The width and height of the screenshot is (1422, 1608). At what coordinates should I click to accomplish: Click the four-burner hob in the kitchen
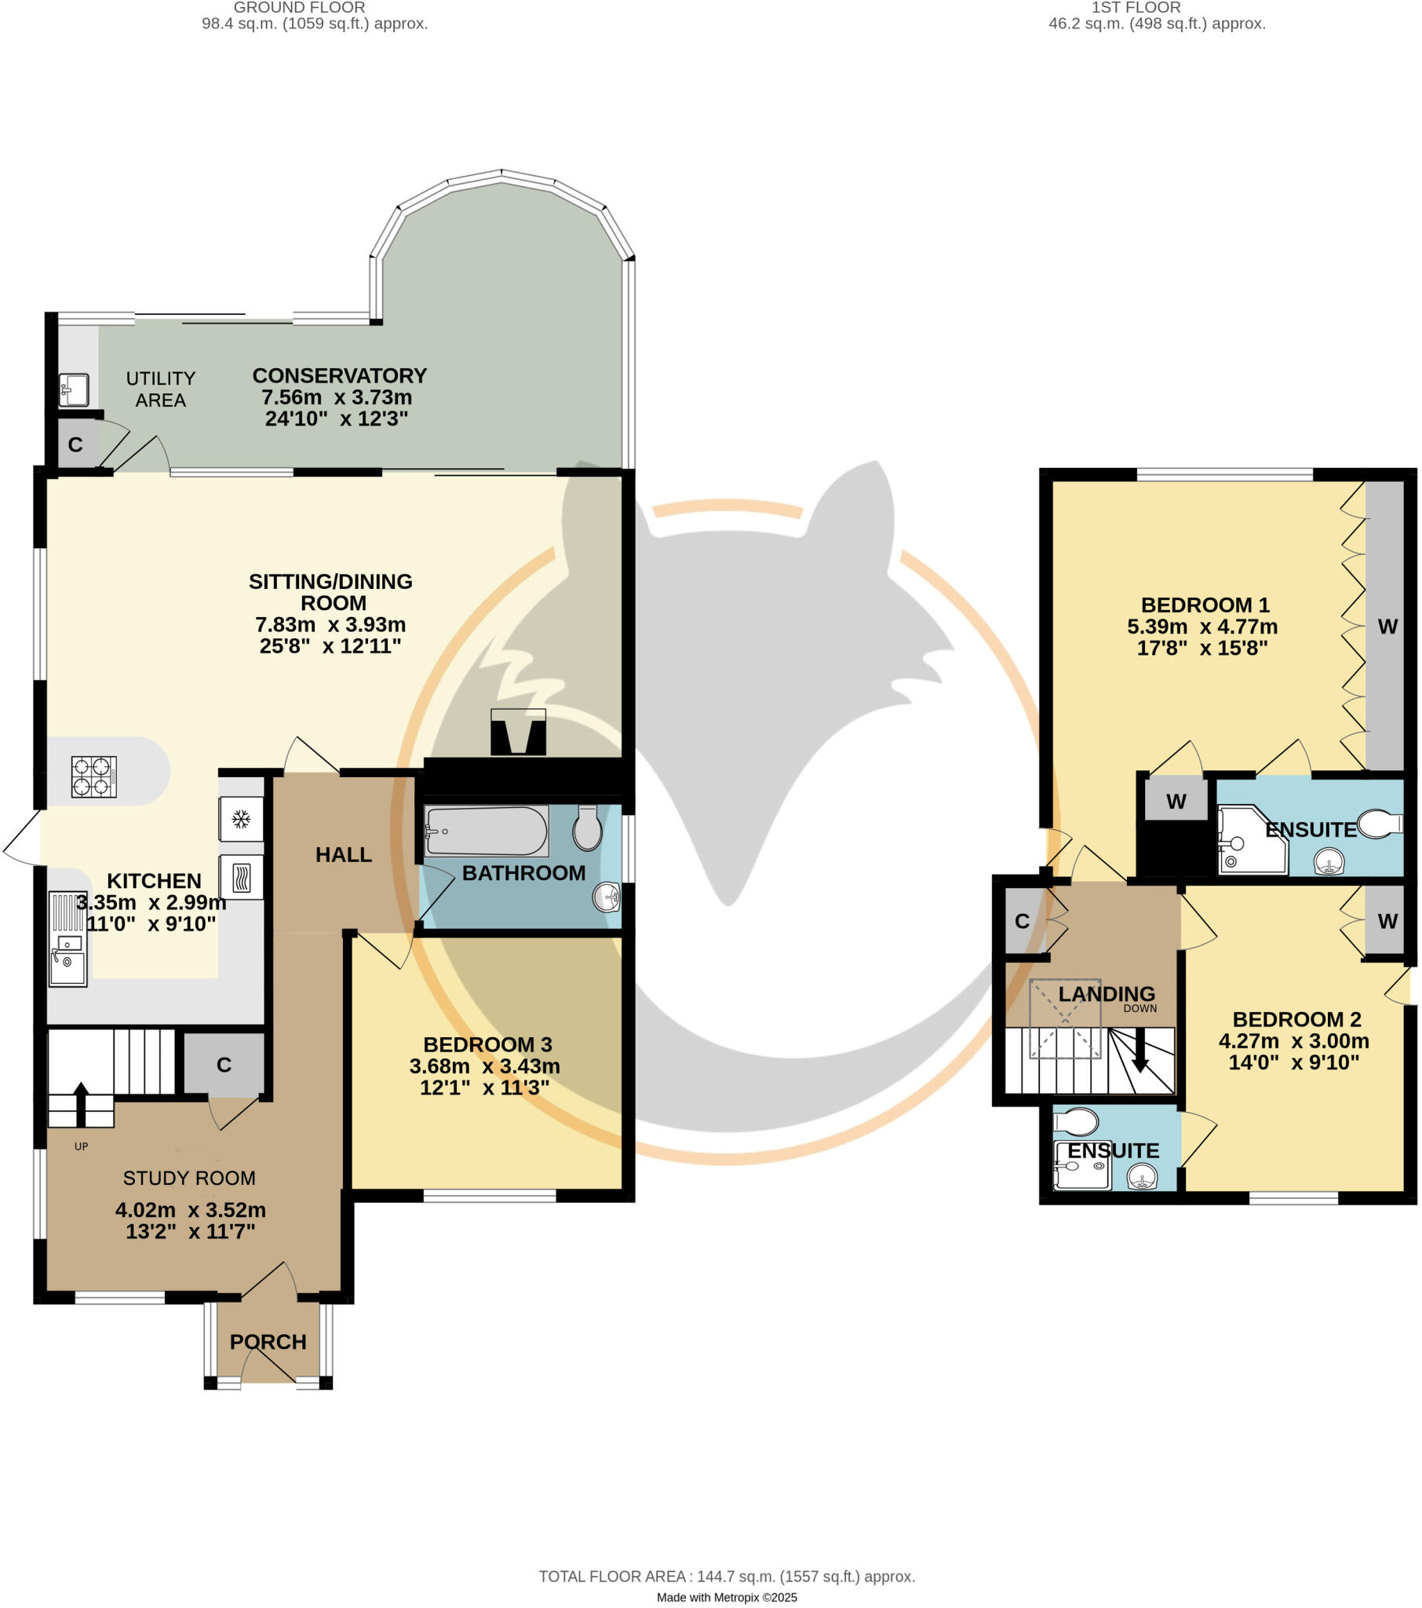click(x=93, y=777)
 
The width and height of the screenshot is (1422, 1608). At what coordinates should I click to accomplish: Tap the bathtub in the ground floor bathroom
click(x=485, y=831)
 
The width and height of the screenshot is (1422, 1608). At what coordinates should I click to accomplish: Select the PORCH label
click(x=268, y=1341)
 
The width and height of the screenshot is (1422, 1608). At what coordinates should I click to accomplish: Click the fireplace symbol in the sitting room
click(x=517, y=733)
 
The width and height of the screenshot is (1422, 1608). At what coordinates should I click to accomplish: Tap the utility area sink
click(x=74, y=389)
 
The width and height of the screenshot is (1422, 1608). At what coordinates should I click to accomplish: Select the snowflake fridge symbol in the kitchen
click(x=241, y=820)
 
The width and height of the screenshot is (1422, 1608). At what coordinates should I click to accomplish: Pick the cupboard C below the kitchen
click(x=224, y=1065)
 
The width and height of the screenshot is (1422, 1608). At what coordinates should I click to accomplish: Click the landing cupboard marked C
click(x=1022, y=921)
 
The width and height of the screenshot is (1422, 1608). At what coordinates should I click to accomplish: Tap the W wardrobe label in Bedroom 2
click(x=1387, y=921)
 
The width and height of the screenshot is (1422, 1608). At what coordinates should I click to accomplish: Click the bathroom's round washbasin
click(x=607, y=896)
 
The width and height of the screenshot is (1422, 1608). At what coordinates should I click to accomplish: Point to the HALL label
click(x=344, y=854)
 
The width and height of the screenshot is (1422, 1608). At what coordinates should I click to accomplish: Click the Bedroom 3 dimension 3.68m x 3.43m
click(x=484, y=1066)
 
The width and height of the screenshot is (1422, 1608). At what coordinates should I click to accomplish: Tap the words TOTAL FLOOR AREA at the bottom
click(x=612, y=1577)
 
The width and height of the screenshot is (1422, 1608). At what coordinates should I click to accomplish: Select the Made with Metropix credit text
click(x=726, y=1598)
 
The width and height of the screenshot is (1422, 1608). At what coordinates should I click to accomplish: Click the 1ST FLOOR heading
click(x=1135, y=8)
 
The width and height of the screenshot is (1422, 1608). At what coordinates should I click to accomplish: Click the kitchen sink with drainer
click(x=67, y=937)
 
